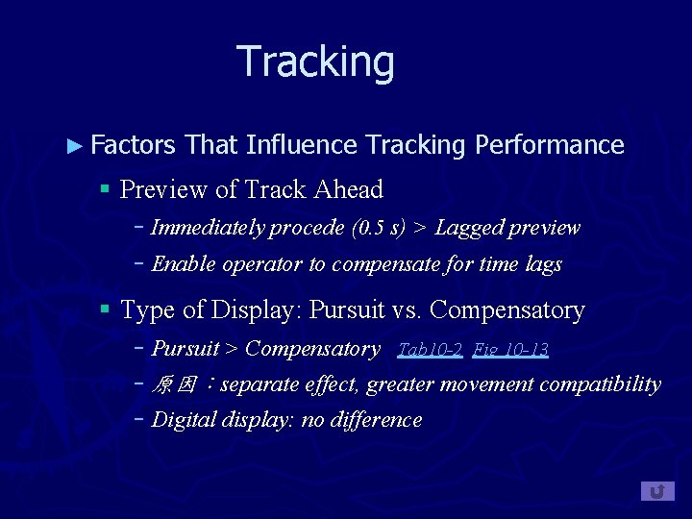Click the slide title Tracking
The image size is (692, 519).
(315, 62)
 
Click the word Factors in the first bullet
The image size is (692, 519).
(134, 145)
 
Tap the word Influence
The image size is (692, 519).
(301, 145)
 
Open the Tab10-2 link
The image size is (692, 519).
(430, 349)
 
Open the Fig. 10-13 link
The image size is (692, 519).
(510, 349)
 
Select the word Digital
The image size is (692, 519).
(185, 420)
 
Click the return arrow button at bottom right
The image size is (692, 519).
(657, 491)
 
